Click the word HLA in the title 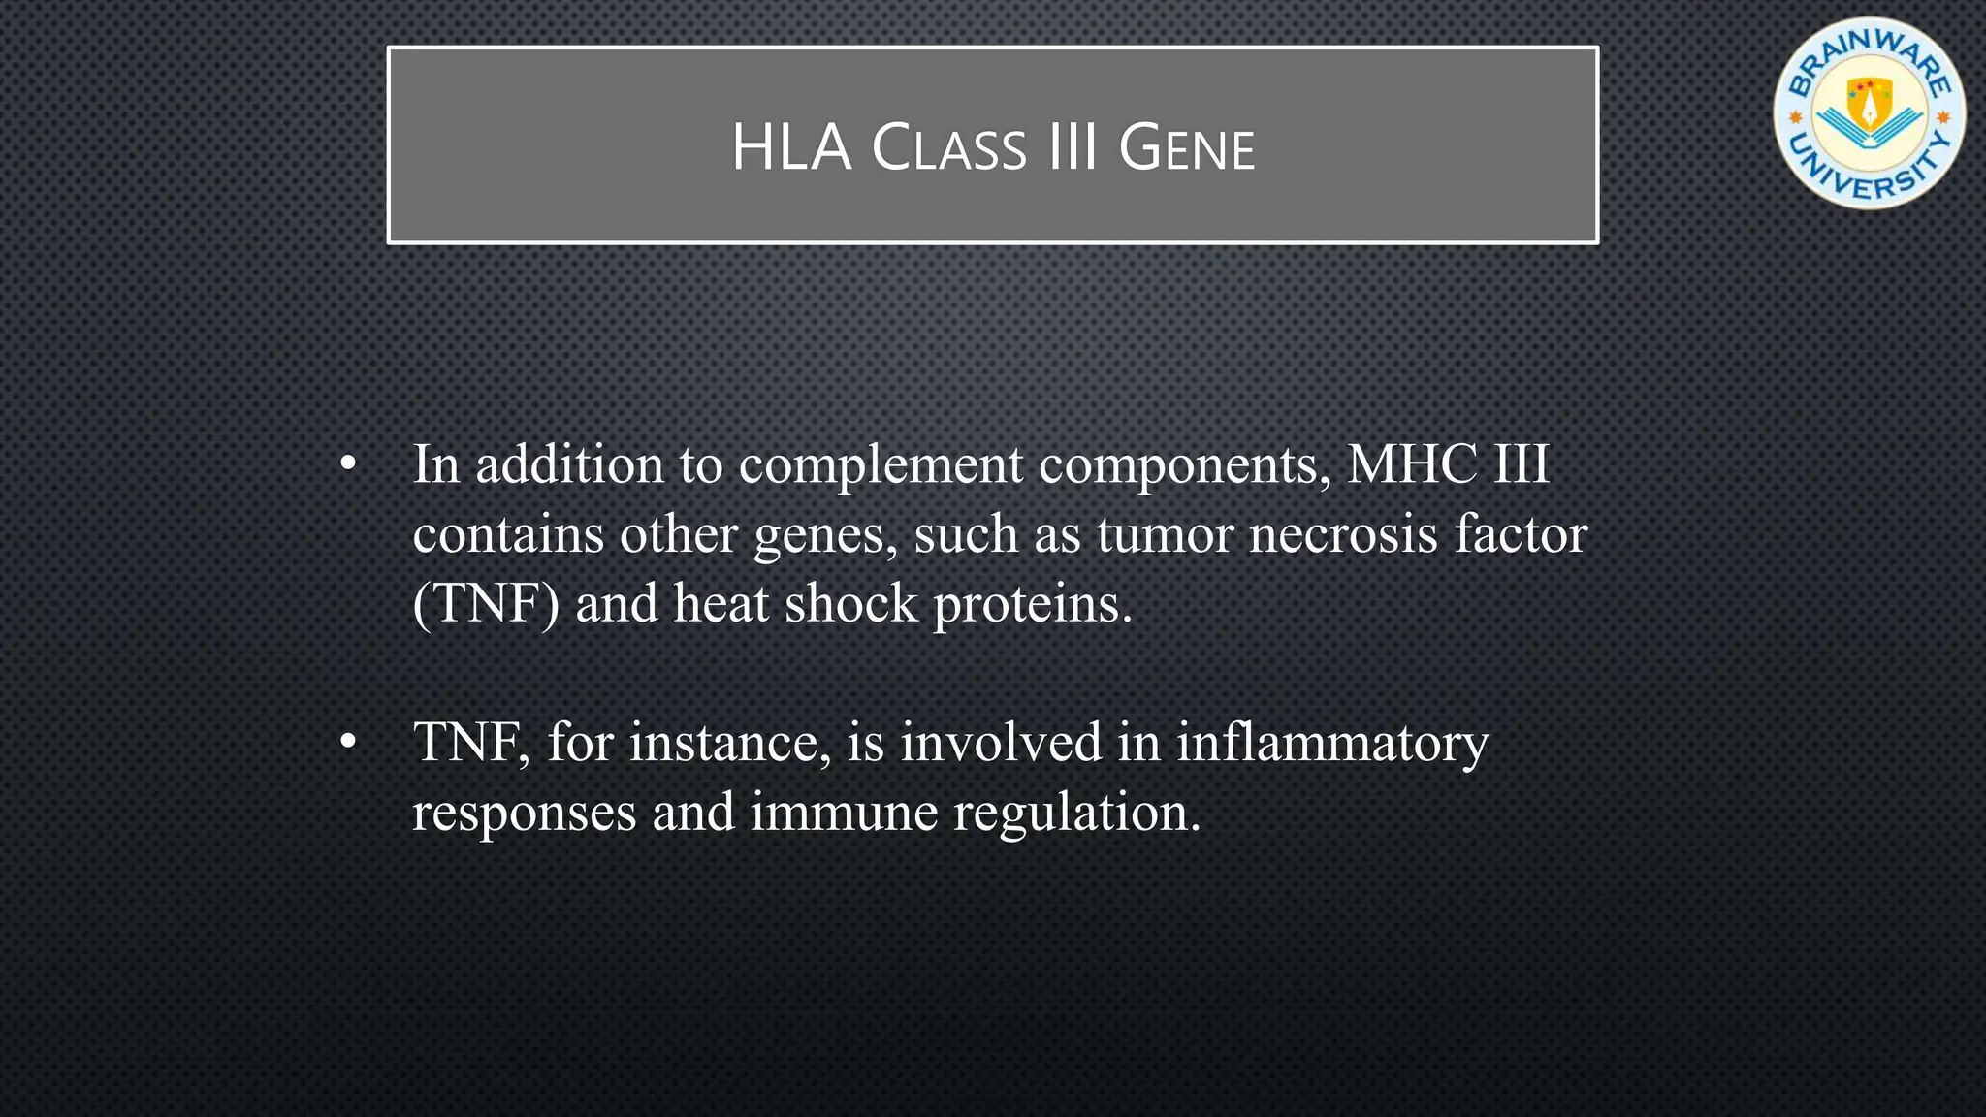point(791,148)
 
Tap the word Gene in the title point(1186,148)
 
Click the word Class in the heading point(948,148)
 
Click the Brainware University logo point(1869,113)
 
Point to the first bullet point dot point(348,465)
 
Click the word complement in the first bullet point(881,465)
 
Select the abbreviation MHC point(1412,463)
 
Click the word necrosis point(1343,534)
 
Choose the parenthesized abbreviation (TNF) point(486,603)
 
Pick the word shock point(850,603)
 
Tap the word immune point(844,812)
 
